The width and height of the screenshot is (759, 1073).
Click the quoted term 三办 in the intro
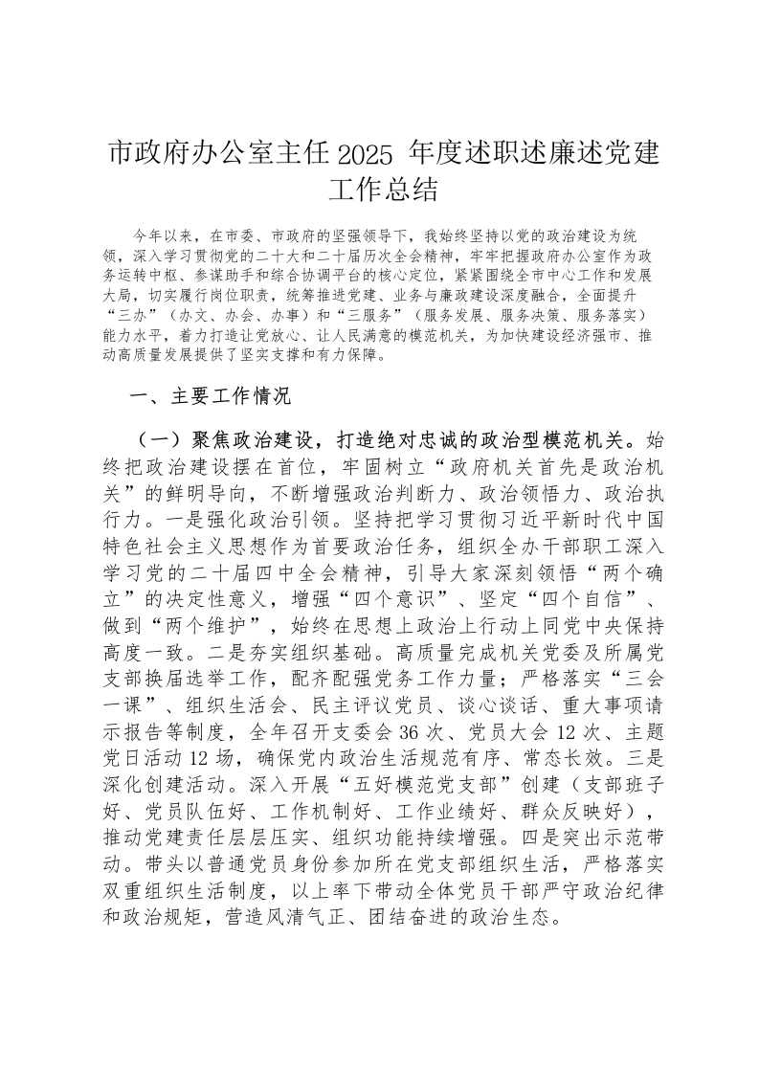[137, 315]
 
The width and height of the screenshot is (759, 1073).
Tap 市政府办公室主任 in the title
[216, 152]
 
